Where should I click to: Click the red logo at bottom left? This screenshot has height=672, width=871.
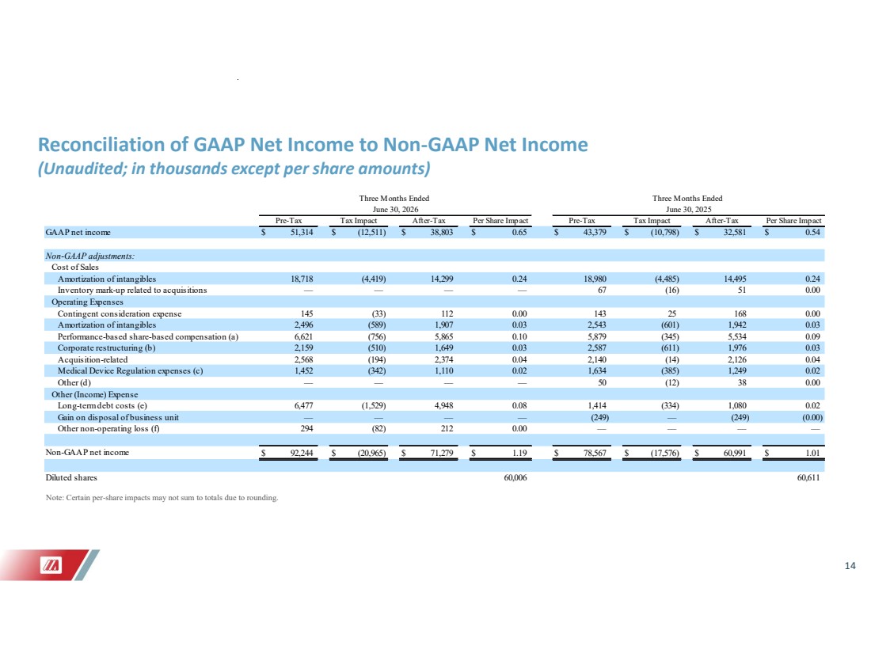click(51, 565)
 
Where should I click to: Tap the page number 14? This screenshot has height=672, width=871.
click(850, 566)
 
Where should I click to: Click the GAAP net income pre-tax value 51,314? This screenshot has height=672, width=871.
click(302, 232)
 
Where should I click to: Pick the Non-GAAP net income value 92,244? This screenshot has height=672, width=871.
click(302, 453)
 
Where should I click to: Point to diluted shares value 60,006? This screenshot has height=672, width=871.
click(515, 477)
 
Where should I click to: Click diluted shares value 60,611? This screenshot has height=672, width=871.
click(808, 477)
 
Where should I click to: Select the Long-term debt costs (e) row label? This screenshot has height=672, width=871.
click(102, 406)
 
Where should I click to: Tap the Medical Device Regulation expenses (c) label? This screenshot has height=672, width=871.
click(130, 371)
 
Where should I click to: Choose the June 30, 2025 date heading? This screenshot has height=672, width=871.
click(688, 210)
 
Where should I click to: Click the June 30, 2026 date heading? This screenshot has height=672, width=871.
click(394, 210)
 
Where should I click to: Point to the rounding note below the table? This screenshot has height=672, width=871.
click(162, 498)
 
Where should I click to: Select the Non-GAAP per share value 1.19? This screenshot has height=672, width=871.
click(519, 453)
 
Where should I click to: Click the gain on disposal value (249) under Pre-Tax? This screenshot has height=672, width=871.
click(599, 418)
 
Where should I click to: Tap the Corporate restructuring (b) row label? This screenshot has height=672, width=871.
click(107, 348)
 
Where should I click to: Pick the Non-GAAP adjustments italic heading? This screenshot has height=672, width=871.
click(90, 256)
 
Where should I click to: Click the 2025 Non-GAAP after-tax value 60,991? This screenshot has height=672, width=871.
click(735, 453)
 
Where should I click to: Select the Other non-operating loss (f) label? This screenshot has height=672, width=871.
click(108, 429)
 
